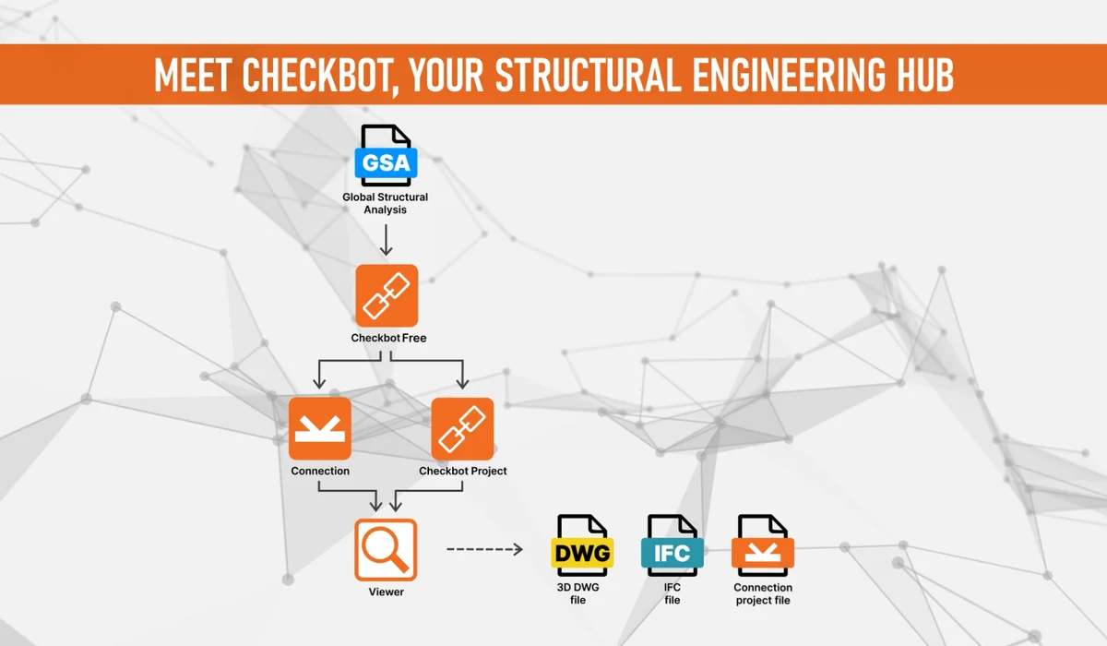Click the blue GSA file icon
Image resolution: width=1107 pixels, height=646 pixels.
pyautogui.click(x=386, y=155)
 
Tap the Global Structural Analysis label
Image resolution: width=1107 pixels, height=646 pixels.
pyautogui.click(x=386, y=203)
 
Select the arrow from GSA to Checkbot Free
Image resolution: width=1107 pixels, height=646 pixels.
pyautogui.click(x=386, y=240)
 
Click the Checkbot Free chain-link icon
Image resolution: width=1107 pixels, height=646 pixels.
pyautogui.click(x=387, y=295)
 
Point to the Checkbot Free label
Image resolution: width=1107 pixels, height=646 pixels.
pyautogui.click(x=388, y=338)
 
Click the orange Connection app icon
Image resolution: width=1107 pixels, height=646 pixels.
pyautogui.click(x=320, y=428)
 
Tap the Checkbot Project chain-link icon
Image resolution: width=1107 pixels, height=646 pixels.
pyautogui.click(x=462, y=428)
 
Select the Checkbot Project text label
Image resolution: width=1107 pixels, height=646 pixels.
pyautogui.click(x=463, y=471)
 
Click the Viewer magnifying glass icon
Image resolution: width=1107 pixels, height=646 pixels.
pyautogui.click(x=386, y=550)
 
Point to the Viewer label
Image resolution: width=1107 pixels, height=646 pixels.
pyautogui.click(x=386, y=592)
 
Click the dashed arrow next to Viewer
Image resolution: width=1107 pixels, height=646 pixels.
pyautogui.click(x=485, y=549)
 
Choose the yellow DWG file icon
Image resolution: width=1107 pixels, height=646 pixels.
pyautogui.click(x=583, y=545)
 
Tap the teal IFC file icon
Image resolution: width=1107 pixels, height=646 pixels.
pyautogui.click(x=673, y=545)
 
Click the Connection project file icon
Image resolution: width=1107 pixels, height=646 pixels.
pyautogui.click(x=763, y=545)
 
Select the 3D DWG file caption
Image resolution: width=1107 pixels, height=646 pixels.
pyautogui.click(x=578, y=593)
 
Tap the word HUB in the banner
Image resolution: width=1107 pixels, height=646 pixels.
pyautogui.click(x=925, y=75)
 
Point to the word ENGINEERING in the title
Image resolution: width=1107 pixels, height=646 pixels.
pyautogui.click(x=788, y=75)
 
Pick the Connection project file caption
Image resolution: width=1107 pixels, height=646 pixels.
pyautogui.click(x=763, y=593)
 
